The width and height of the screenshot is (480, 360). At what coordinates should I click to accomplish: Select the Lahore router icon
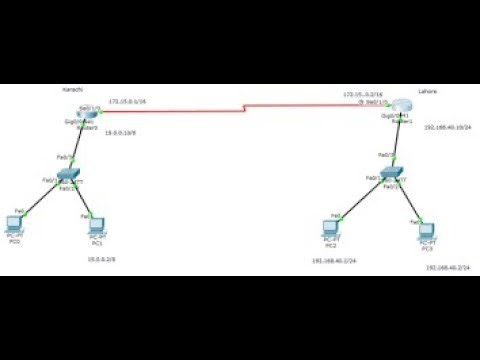401,107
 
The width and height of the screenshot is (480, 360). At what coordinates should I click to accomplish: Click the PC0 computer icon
15,224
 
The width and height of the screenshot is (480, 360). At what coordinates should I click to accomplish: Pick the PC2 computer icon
330,228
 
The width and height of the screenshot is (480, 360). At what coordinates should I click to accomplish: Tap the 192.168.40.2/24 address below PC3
446,269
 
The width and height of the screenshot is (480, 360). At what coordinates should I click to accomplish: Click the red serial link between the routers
245,107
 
